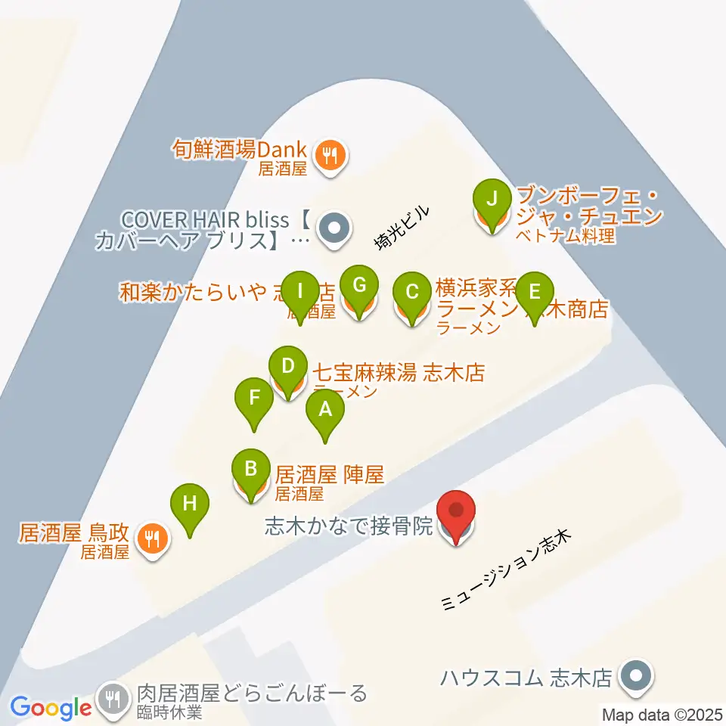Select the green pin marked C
click(x=412, y=292)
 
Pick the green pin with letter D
click(x=287, y=367)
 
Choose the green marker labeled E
click(x=535, y=292)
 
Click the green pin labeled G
click(x=359, y=285)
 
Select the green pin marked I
click(x=299, y=290)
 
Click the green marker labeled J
click(x=492, y=200)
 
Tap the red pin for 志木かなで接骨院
click(x=457, y=513)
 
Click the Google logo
click(x=51, y=707)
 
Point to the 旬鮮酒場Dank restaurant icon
click(x=330, y=155)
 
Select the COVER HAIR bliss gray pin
click(x=332, y=226)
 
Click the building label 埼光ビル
click(x=402, y=227)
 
